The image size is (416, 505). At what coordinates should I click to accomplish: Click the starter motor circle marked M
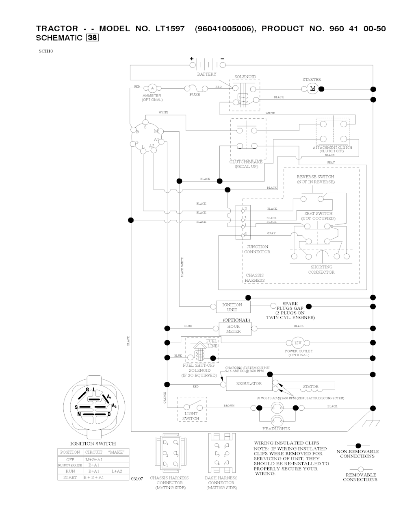312,89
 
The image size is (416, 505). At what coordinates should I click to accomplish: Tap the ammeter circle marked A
152,88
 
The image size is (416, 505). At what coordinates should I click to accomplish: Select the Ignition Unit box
232,307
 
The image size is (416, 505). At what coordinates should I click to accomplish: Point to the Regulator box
249,384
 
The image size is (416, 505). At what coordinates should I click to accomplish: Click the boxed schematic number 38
92,38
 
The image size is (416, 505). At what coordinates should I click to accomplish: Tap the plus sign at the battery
192,59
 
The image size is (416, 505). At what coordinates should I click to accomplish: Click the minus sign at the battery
222,59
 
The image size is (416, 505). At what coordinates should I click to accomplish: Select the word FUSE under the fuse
195,95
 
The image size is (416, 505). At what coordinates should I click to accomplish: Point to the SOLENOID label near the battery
245,77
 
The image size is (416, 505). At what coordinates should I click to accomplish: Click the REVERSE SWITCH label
315,177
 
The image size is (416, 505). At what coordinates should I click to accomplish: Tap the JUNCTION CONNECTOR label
257,249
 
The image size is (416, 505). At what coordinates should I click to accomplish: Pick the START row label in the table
70,477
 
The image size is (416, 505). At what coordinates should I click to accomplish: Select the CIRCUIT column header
93,452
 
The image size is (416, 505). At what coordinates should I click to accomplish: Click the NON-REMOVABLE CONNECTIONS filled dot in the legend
358,446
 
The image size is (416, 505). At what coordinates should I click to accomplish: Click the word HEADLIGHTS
276,429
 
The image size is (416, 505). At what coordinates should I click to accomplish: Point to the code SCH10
46,51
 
